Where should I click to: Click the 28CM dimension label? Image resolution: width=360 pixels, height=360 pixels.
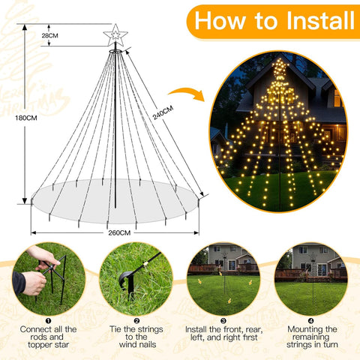[49, 35]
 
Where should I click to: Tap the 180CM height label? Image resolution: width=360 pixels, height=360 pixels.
[26, 118]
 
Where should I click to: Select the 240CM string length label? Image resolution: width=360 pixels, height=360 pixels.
[163, 112]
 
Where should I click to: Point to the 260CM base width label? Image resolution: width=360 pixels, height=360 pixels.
[119, 232]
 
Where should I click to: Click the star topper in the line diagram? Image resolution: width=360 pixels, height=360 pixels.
[115, 35]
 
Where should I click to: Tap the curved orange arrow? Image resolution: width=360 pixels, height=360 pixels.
[187, 94]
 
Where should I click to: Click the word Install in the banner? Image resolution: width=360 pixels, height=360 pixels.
[320, 20]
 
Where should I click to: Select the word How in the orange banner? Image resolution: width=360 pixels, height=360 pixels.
[220, 20]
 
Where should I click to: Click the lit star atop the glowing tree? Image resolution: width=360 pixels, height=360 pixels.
[280, 67]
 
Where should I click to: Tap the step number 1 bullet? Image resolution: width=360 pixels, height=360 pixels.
[49, 321]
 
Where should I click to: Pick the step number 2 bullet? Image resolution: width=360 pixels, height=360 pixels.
[136, 321]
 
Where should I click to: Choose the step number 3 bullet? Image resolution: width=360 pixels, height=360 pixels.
[223, 321]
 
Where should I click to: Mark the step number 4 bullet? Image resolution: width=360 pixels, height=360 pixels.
[311, 321]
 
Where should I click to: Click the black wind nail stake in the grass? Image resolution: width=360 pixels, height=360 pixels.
[128, 283]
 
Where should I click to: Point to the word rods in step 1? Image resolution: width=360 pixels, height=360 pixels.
[37, 337]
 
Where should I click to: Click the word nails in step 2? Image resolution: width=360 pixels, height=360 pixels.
[146, 344]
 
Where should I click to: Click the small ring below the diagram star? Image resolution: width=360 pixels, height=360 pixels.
[115, 52]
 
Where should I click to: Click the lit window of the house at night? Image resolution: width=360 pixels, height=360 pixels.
[337, 98]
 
